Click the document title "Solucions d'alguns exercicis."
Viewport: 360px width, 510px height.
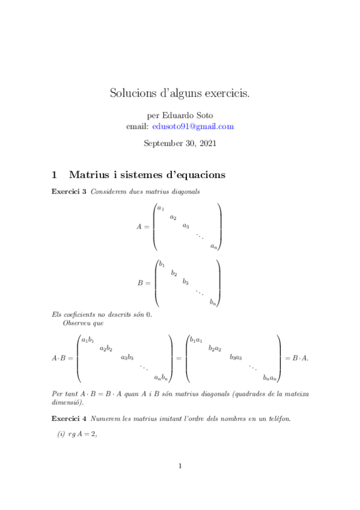pyautogui.click(x=180, y=93)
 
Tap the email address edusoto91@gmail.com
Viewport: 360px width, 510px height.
pyautogui.click(x=193, y=126)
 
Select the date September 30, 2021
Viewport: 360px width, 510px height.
pyautogui.click(x=180, y=144)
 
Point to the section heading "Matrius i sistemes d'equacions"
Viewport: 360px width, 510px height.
pyautogui.click(x=147, y=175)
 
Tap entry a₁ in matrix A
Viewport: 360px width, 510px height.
pyautogui.click(x=160, y=208)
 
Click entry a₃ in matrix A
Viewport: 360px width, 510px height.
pyautogui.click(x=186, y=226)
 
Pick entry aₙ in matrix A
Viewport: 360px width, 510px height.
pyautogui.click(x=214, y=246)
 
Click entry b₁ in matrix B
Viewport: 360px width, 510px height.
pyautogui.click(x=162, y=264)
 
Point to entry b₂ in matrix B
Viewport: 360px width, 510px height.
pyautogui.click(x=174, y=273)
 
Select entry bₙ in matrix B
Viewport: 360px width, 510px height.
pyautogui.click(x=213, y=303)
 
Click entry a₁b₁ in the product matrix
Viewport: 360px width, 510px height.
pyautogui.click(x=87, y=340)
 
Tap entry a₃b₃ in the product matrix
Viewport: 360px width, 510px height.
pyautogui.click(x=127, y=358)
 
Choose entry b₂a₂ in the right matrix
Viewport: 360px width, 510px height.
pyautogui.click(x=215, y=348)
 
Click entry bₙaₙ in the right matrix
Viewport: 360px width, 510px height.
pyautogui.click(x=270, y=378)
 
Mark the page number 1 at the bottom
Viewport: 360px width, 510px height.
pyautogui.click(x=180, y=466)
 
